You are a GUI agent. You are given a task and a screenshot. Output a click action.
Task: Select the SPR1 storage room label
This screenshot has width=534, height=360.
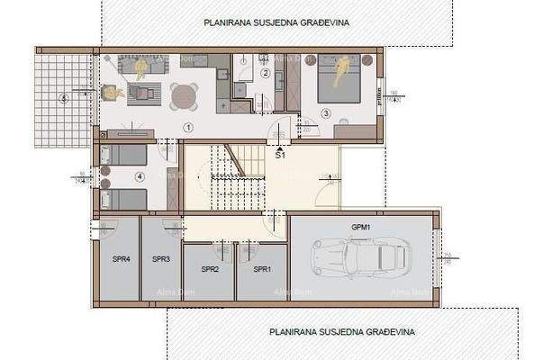click(x=262, y=269)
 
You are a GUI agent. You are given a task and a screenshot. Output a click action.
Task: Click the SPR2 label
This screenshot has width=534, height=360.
click(x=209, y=269)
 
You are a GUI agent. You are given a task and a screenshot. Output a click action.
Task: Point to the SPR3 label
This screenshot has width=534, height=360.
click(x=161, y=259)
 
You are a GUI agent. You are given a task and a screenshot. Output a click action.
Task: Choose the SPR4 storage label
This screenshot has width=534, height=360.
click(x=121, y=259)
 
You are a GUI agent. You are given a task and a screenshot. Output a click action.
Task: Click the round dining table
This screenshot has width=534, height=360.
click(x=183, y=94)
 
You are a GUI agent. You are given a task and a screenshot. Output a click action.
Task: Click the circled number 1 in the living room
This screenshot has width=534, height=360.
click(x=187, y=127)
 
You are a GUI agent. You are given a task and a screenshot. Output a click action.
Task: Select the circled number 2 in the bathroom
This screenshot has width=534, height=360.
click(x=265, y=74)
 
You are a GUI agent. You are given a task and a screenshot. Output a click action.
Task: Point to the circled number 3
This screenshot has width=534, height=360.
click(x=325, y=113)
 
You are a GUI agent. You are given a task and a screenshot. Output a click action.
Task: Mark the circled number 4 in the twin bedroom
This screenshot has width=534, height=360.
click(x=139, y=176)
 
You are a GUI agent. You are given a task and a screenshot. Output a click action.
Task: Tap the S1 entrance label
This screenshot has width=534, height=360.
click(x=280, y=155)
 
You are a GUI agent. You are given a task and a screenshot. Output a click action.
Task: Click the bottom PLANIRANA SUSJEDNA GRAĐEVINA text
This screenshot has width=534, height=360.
click(x=342, y=331)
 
